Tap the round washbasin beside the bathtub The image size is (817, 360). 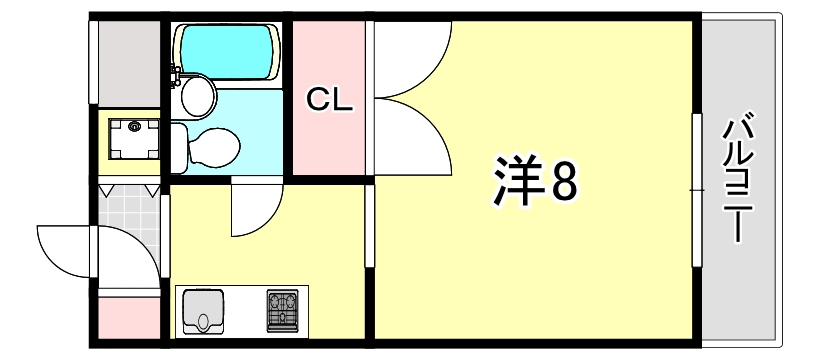pos(198,97)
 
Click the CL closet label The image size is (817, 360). pos(329,100)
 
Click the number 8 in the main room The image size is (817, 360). pos(563,182)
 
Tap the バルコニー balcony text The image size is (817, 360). pos(739,180)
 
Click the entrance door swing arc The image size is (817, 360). pos(65,250)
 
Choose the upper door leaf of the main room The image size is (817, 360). pos(410,60)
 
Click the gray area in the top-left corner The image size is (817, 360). pos(128,60)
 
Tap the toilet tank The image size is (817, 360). pos(178,148)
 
